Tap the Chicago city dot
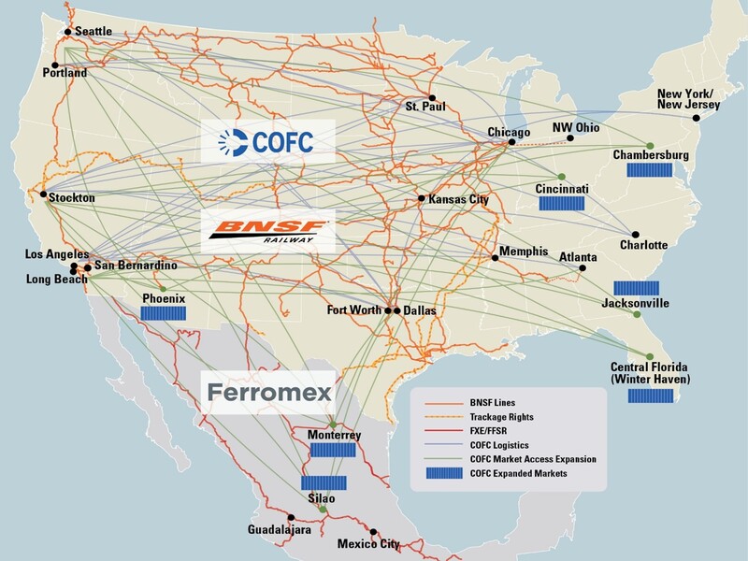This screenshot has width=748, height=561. point(511,143)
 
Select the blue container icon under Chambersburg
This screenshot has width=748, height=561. point(651,169)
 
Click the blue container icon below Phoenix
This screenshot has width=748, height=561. point(163,313)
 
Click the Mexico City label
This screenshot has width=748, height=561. point(368,543)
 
